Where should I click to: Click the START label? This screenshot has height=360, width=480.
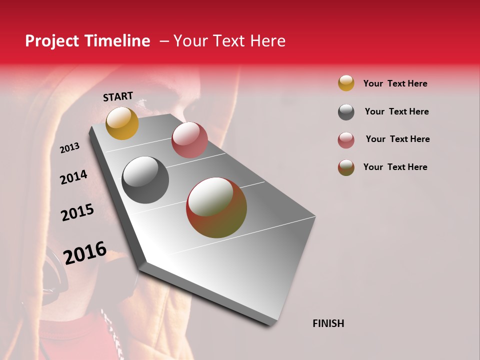pyautogui.click(x=118, y=96)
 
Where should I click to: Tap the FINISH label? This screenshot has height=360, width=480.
pyautogui.click(x=328, y=323)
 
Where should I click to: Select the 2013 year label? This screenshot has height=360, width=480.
pyautogui.click(x=69, y=148)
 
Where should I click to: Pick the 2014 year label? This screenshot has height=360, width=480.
pyautogui.click(x=73, y=177)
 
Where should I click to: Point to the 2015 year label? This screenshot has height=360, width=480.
pyautogui.click(x=77, y=213)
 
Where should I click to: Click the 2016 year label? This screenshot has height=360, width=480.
pyautogui.click(x=85, y=252)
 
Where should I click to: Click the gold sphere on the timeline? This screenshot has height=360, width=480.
pyautogui.click(x=122, y=123)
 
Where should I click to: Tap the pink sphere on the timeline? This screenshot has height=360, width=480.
pyautogui.click(x=189, y=139)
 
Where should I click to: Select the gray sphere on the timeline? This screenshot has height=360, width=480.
pyautogui.click(x=145, y=180)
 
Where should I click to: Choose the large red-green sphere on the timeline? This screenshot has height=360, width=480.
pyautogui.click(x=216, y=207)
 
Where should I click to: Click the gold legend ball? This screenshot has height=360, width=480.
pyautogui.click(x=346, y=83)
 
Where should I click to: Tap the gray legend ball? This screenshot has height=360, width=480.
pyautogui.click(x=346, y=111)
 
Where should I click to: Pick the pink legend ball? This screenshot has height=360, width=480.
pyautogui.click(x=346, y=139)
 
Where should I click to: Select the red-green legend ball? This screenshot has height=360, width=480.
pyautogui.click(x=346, y=167)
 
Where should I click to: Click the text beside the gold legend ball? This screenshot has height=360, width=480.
pyautogui.click(x=395, y=83)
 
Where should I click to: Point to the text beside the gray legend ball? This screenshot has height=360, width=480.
pyautogui.click(x=396, y=111)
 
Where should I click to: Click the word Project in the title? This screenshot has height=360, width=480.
pyautogui.click(x=51, y=41)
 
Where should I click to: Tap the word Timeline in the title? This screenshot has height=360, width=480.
pyautogui.click(x=117, y=41)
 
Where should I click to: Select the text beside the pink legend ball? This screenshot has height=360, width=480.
pyautogui.click(x=397, y=139)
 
